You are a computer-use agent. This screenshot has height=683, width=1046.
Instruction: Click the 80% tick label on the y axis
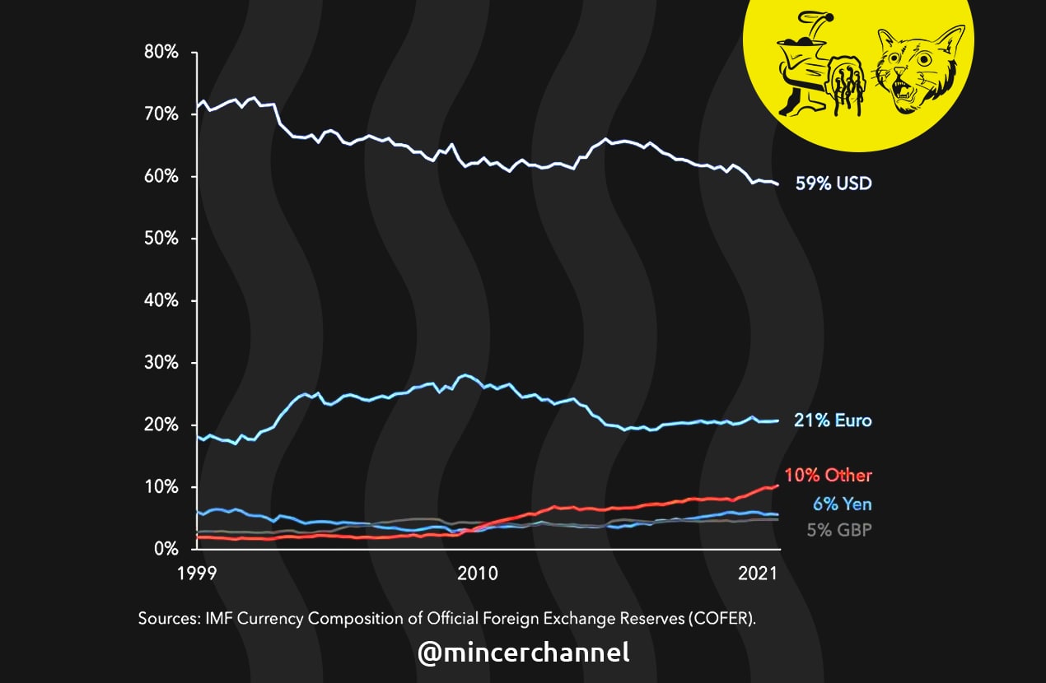coord(161,53)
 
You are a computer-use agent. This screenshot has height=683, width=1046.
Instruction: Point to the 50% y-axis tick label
coord(161,239)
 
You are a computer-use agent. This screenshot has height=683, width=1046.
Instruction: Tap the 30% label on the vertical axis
coord(161,363)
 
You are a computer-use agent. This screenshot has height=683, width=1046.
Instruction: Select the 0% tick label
coord(166,549)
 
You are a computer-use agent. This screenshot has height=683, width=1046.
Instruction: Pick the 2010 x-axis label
coord(477,574)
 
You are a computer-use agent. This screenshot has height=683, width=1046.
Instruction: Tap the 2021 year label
coord(758,574)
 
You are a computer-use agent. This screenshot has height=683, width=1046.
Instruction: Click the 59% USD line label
coord(833,184)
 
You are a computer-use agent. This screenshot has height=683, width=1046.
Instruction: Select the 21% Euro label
coord(833,420)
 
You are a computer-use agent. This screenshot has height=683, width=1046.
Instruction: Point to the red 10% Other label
coord(828,475)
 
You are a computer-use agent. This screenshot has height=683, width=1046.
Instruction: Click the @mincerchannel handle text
coord(523,653)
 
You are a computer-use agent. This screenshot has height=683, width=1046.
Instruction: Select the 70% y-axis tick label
coord(161,114)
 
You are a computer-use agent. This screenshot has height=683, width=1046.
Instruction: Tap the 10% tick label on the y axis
coord(161,487)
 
